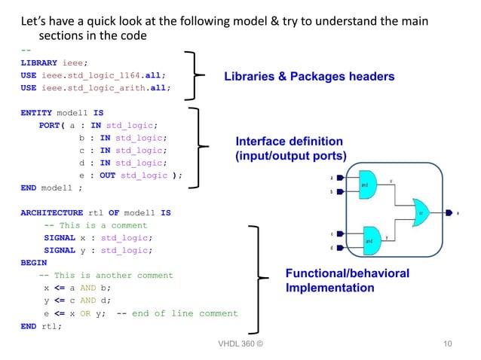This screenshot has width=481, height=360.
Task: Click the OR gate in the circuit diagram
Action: pos(422,213)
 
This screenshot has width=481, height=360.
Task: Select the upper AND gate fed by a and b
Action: pos(366,185)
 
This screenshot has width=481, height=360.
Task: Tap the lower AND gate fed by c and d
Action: pos(371,240)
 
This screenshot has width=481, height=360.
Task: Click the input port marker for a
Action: pos(341,178)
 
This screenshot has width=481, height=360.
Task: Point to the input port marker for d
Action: pos(341,248)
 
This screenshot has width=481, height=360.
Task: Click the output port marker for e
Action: pos(450,213)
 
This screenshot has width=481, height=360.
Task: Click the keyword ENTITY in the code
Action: pos(37,112)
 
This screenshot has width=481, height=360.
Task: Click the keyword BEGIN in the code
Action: pos(33,263)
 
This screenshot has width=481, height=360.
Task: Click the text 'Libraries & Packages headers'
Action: pos(308,77)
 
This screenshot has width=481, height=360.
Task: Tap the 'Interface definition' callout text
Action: pos(289,142)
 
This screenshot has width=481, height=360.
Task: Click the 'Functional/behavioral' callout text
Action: pos(347,273)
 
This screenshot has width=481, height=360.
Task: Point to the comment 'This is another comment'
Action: pos(112,276)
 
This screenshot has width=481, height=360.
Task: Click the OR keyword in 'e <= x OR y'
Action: pos(85,313)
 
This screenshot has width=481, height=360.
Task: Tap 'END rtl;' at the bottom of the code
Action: pos(41,326)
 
